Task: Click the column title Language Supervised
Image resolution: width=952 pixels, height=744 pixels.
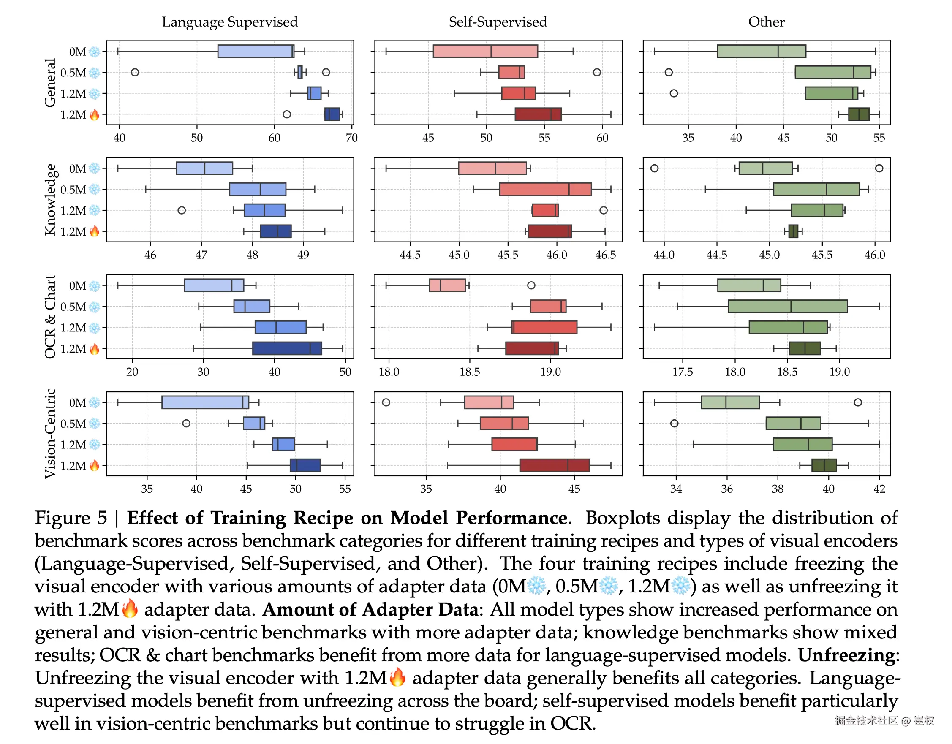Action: click(x=230, y=22)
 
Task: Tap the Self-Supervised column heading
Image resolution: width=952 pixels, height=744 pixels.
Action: click(x=498, y=22)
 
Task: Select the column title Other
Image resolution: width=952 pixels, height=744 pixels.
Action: click(x=766, y=22)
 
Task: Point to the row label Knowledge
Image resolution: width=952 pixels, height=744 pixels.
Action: click(x=50, y=200)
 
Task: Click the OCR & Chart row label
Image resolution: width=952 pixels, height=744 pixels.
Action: click(x=50, y=317)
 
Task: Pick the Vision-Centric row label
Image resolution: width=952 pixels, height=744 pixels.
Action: click(x=50, y=434)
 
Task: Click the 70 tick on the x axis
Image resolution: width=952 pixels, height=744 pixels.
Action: click(x=351, y=138)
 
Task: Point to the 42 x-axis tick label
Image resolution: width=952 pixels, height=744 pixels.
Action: click(x=879, y=489)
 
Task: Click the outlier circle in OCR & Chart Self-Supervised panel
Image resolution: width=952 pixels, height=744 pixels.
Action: click(x=531, y=285)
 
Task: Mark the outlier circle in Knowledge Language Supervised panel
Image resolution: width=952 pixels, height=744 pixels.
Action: click(x=182, y=211)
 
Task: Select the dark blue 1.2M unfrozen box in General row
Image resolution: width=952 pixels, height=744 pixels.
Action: click(x=332, y=114)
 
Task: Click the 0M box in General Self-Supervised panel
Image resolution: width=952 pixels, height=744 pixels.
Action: click(x=485, y=52)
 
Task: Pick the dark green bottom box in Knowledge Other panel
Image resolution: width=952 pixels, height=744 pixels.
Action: click(x=793, y=231)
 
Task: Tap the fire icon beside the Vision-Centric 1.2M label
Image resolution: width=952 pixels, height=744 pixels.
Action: click(x=94, y=466)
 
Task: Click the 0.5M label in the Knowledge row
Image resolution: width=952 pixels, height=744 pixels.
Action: click(x=73, y=190)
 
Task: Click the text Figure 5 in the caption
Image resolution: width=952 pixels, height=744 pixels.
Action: click(x=71, y=518)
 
